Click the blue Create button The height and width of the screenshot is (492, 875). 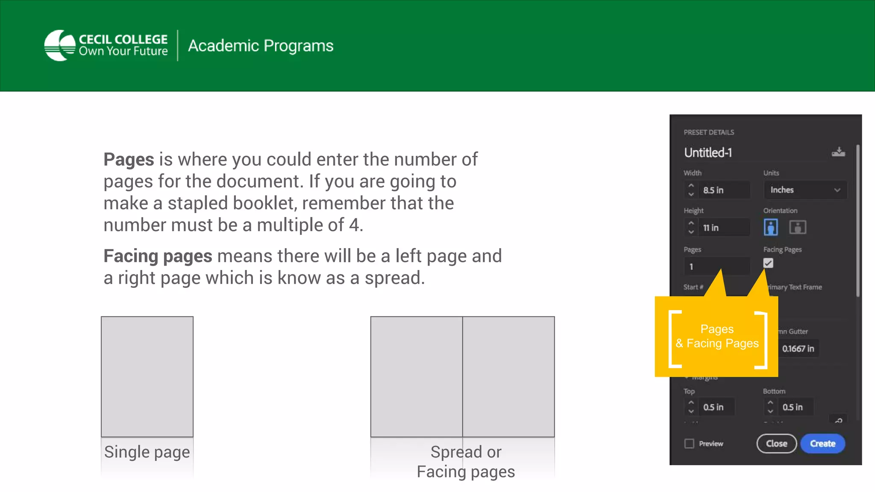coord(822,443)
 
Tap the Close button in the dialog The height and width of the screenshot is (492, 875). coord(776,443)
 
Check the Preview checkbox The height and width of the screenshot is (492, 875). coord(689,444)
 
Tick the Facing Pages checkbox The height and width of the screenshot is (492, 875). coord(768,263)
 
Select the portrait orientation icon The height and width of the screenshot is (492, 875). coord(771,227)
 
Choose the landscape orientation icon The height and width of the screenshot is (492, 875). coord(797,227)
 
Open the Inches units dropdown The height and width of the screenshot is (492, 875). coord(805,190)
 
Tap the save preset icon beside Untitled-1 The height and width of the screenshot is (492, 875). coord(838,152)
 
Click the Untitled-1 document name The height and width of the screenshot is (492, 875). coord(708,152)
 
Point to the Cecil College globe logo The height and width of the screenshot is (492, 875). coord(60,45)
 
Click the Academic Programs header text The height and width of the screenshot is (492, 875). coord(261,46)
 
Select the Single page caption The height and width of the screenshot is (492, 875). coord(147,452)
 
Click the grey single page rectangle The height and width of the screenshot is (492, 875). coord(147,376)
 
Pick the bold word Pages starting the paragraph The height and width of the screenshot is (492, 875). coord(129,159)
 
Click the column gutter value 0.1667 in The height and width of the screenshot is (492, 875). coord(798,348)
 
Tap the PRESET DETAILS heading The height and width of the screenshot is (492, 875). coord(709,132)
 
